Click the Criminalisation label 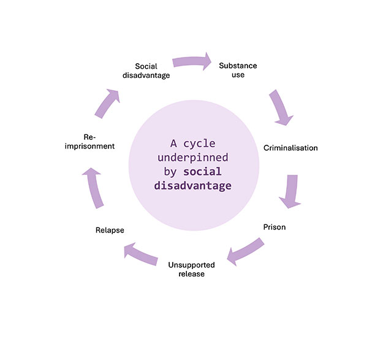[290, 148]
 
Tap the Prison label [275, 227]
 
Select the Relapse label [110, 230]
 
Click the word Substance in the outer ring [238, 65]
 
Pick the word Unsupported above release [191, 264]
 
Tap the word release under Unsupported [191, 274]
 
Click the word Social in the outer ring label [146, 66]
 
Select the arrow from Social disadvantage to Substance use [192, 61]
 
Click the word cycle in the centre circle [202, 144]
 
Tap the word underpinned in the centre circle [191, 158]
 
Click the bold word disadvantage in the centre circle [192, 185]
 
